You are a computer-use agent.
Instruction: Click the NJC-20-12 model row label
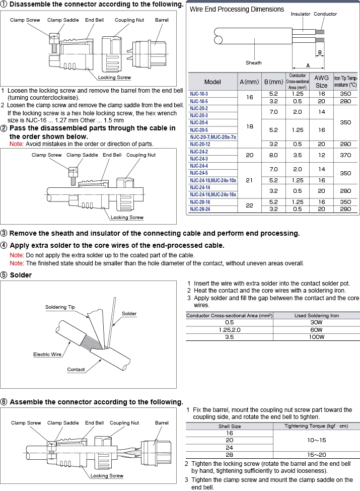[200, 144]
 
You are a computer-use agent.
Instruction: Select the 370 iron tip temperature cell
[345, 155]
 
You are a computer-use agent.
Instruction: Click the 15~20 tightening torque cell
[316, 454]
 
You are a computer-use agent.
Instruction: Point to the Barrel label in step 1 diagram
[162, 20]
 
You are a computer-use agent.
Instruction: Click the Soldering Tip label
[60, 307]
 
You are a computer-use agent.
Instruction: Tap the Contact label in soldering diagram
[76, 369]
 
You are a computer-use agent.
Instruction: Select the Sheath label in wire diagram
[254, 63]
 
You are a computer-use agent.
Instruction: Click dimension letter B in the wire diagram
[319, 52]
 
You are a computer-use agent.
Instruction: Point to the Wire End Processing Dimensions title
[237, 9]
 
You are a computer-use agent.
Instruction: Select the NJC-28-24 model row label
[200, 208]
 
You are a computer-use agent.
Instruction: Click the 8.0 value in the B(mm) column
[273, 155]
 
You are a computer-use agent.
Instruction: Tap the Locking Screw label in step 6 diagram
[107, 475]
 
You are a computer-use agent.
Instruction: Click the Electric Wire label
[47, 354]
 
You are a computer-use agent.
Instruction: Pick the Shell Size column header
[230, 426]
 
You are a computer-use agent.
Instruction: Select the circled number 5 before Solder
[4, 275]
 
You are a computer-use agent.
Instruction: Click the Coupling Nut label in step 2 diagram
[141, 155]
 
